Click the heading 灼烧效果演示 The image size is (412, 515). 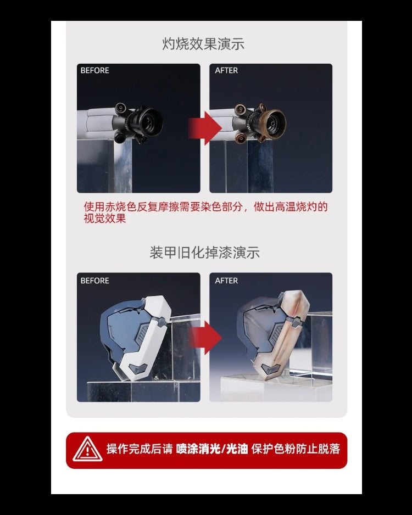click(203, 44)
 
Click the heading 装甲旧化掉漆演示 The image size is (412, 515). click(205, 253)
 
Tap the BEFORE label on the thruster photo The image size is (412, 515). click(94, 70)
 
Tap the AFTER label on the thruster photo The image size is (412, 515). click(226, 70)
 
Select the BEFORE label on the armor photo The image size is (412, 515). click(94, 281)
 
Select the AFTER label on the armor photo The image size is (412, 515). click(226, 281)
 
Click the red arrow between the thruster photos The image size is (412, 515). click(205, 128)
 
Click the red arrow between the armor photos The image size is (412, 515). click(205, 338)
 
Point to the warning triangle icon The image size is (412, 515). click(87, 449)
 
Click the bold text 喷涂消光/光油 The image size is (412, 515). click(212, 449)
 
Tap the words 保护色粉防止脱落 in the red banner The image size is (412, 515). click(296, 449)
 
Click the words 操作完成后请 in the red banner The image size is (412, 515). click(140, 449)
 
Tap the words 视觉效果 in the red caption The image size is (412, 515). click(105, 219)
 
